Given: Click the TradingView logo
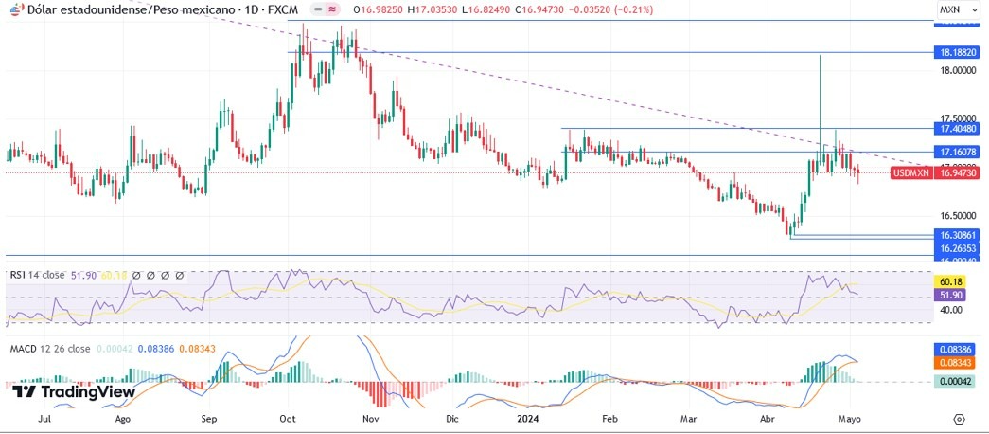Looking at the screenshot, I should (74, 391).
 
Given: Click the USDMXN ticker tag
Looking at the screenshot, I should (910, 172).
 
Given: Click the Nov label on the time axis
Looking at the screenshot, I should (370, 417).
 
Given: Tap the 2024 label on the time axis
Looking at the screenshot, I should (528, 417).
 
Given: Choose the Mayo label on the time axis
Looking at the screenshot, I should (850, 417).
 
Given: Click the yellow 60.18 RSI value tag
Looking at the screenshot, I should (949, 281).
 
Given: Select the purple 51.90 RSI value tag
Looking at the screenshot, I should (949, 295).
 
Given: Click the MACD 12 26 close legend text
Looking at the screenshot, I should (48, 349).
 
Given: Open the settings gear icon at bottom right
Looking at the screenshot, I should (959, 418).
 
